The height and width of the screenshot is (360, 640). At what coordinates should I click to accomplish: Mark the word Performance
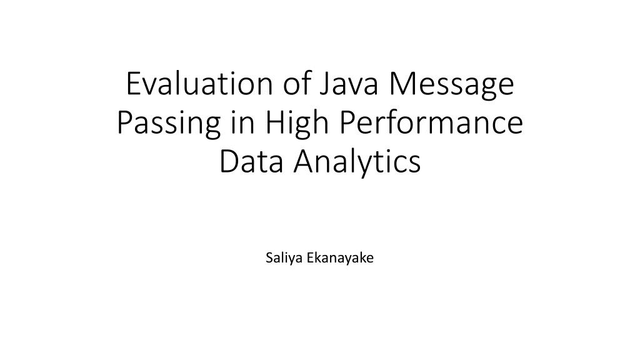(432, 123)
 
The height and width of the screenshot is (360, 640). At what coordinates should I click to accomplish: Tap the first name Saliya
(281, 257)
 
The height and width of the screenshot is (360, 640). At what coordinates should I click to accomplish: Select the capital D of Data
(228, 161)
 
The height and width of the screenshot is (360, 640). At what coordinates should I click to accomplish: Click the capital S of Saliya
(269, 257)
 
